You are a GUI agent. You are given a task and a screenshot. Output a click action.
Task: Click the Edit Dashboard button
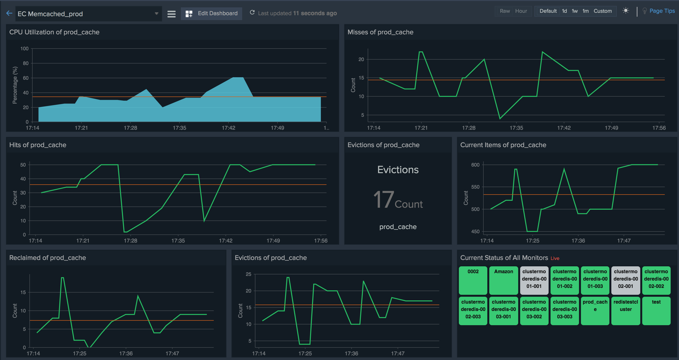point(211,13)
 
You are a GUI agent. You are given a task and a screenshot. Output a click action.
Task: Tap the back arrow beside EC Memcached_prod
point(9,13)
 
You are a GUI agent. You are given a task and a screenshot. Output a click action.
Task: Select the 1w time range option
point(575,11)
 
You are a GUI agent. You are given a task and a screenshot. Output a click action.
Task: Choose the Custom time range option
point(603,11)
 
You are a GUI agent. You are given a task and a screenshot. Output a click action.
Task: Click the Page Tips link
point(662,11)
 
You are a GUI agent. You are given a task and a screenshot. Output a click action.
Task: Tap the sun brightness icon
point(626,11)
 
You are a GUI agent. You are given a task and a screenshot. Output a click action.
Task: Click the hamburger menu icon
point(171,14)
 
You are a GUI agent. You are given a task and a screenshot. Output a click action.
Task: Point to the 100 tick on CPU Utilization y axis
point(24,49)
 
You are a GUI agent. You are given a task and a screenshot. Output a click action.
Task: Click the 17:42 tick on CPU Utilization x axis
point(228,128)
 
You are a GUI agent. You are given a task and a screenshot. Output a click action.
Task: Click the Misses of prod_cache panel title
point(380,32)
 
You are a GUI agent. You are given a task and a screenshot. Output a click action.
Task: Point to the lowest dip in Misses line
point(500,118)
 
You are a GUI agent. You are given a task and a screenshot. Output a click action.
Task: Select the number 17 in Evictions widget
point(384,200)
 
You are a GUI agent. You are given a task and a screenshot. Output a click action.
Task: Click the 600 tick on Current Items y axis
point(475,165)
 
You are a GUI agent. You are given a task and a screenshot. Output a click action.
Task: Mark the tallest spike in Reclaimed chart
point(63,278)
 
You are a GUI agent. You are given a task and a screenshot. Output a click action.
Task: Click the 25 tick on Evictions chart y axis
point(248,274)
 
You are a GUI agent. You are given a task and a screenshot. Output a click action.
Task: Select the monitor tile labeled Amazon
point(503,280)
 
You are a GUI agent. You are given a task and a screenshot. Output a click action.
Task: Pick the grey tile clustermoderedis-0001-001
point(534,280)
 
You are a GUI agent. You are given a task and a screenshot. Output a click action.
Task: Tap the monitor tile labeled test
point(656,311)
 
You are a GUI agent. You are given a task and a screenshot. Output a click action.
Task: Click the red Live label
point(555,258)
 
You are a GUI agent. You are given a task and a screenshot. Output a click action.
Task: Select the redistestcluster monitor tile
point(626,311)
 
